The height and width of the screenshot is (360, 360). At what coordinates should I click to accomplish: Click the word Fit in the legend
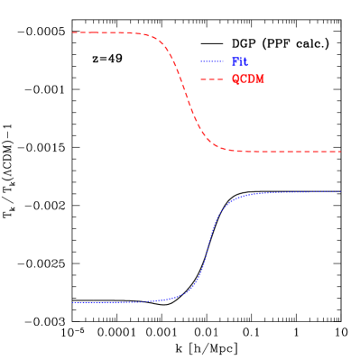(x=239, y=62)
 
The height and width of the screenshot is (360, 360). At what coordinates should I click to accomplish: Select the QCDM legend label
(x=247, y=79)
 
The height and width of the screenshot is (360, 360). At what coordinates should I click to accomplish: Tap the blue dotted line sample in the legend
(x=211, y=62)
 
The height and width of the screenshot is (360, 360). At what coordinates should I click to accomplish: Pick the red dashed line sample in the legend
(x=211, y=79)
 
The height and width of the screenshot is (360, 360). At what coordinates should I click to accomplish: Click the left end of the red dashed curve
(x=73, y=32)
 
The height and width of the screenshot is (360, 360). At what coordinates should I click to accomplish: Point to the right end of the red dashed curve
(x=340, y=152)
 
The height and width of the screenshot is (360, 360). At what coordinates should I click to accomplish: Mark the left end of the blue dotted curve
(x=73, y=302)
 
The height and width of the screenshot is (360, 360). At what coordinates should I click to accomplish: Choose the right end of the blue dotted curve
(x=340, y=191)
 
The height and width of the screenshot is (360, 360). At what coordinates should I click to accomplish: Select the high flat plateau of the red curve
(x=104, y=32)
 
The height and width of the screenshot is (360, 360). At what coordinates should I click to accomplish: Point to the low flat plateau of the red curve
(x=289, y=152)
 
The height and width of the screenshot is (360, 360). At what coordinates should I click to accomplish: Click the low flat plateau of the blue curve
(x=108, y=302)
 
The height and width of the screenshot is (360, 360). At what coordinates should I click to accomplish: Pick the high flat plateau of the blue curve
(x=289, y=192)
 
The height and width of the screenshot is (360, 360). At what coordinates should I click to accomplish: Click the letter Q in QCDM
(x=235, y=79)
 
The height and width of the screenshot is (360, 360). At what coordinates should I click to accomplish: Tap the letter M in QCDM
(x=260, y=79)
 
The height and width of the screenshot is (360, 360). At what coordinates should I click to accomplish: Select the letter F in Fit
(x=235, y=62)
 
